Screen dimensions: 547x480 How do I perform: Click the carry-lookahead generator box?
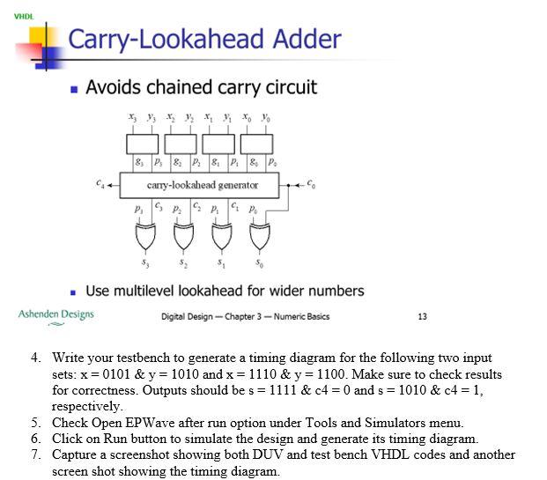click(199, 185)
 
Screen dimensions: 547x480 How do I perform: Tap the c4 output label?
click(100, 183)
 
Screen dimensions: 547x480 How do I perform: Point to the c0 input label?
click(311, 183)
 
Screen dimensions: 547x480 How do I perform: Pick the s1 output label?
click(221, 263)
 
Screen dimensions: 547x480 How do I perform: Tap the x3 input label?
click(132, 117)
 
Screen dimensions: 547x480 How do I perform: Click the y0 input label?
click(266, 117)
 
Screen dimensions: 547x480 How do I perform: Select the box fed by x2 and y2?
click(181, 144)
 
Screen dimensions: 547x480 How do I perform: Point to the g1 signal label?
click(216, 162)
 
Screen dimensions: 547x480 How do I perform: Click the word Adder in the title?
click(307, 39)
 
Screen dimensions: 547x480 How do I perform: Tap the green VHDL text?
click(24, 17)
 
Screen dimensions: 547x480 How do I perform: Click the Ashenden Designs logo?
click(56, 316)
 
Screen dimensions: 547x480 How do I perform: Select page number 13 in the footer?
click(423, 316)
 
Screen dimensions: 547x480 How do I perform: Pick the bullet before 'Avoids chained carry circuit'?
click(74, 89)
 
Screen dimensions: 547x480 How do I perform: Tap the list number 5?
click(36, 423)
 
